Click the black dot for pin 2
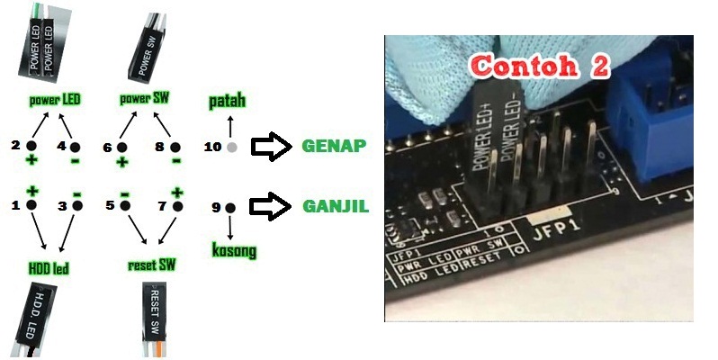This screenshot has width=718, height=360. coord(31,146)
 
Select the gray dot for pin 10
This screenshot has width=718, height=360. coord(231,147)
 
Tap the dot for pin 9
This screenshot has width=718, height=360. coord(229,207)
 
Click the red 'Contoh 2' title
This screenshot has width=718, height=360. coord(541,66)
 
